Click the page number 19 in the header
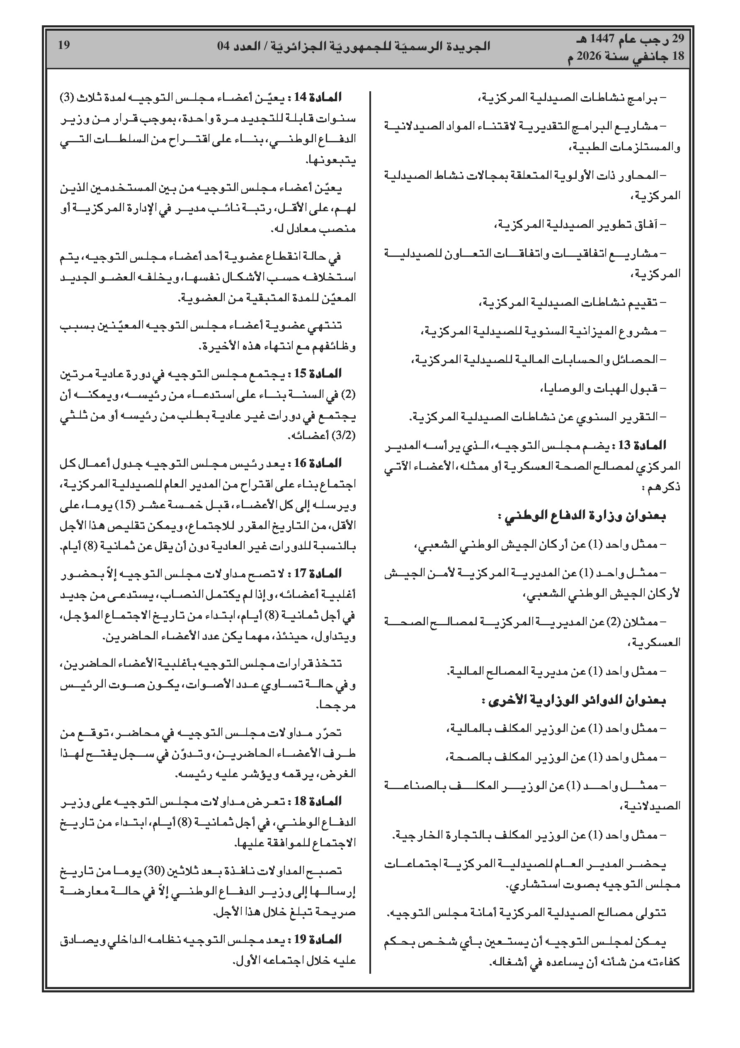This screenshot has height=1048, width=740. pyautogui.click(x=63, y=45)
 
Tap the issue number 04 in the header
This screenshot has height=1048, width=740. pyautogui.click(x=226, y=46)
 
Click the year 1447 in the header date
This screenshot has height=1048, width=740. pyautogui.click(x=601, y=39)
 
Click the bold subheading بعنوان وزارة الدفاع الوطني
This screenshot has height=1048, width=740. pyautogui.click(x=582, y=516)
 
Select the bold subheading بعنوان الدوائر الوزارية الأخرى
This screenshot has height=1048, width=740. pyautogui.click(x=573, y=700)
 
